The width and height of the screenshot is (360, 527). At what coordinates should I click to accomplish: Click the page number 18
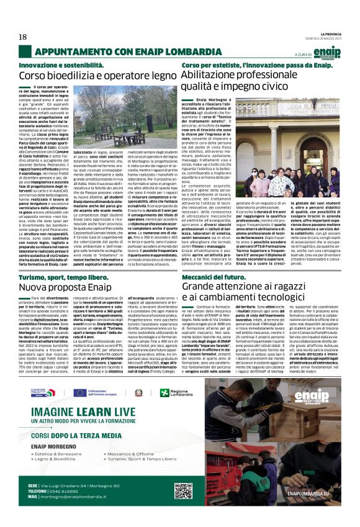point(22,37)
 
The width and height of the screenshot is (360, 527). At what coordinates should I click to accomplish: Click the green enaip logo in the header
point(326,52)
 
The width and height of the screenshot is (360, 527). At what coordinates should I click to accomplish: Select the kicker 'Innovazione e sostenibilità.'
point(57,65)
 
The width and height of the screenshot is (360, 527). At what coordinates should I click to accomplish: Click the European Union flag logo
point(79,392)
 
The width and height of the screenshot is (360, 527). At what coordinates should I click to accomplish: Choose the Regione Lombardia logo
point(160,392)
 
